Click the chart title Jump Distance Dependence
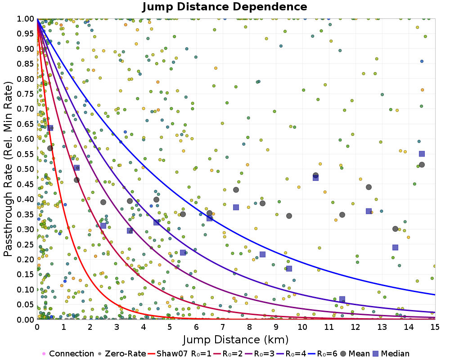click(x=225, y=7)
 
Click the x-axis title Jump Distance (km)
click(x=235, y=339)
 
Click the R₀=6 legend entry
click(x=315, y=354)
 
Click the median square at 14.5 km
click(x=422, y=154)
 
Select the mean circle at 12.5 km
click(x=369, y=187)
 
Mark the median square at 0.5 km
click(x=50, y=128)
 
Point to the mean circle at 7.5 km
click(x=236, y=190)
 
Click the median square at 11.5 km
click(x=342, y=299)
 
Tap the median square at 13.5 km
click(x=395, y=247)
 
